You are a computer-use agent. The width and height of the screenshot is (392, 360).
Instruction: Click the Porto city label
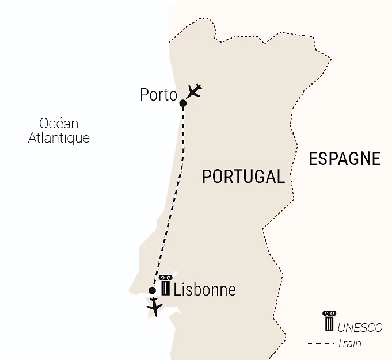point(158,95)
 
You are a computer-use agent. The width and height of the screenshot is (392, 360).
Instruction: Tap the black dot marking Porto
point(182,104)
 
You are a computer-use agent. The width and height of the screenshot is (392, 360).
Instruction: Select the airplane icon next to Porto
point(195,91)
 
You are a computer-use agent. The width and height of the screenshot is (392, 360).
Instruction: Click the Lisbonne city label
point(204,289)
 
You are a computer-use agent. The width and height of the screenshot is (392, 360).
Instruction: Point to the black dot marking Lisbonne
point(152,290)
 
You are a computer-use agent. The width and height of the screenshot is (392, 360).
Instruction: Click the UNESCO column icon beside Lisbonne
point(166,285)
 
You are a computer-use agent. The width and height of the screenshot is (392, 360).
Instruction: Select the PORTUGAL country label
point(243,177)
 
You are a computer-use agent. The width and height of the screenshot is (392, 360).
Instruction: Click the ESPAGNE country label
point(344,159)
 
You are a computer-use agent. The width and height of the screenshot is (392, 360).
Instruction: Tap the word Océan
point(59,124)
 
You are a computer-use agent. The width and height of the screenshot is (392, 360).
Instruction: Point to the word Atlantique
point(59,139)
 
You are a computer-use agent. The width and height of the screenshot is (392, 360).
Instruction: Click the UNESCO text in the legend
point(360,328)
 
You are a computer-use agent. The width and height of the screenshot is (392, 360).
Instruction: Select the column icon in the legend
point(329,321)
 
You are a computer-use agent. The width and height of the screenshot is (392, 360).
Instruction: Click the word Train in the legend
point(349,344)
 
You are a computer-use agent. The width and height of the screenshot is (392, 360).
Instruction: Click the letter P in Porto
point(144,95)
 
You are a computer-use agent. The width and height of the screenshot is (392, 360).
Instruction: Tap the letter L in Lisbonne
point(177,289)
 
